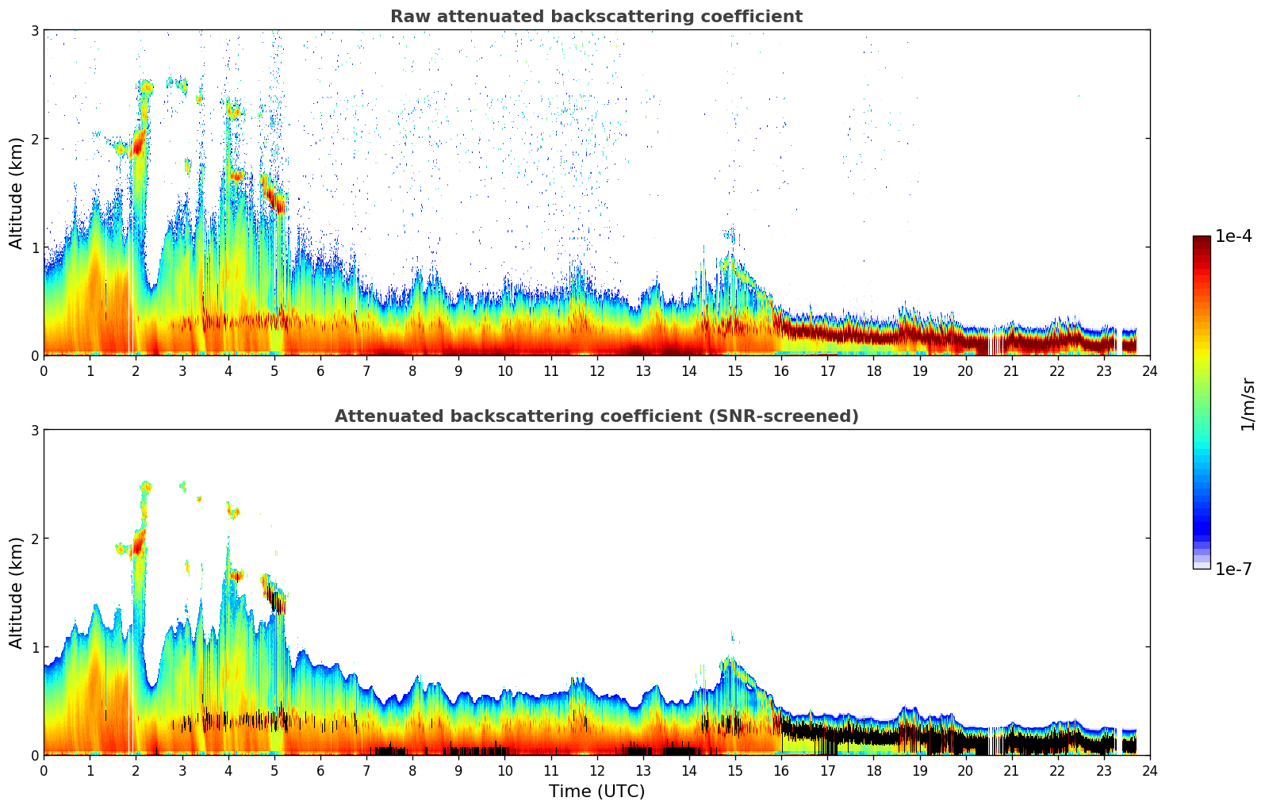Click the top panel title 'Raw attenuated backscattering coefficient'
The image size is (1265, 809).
coord(596,17)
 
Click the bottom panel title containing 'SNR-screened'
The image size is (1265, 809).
coord(596,416)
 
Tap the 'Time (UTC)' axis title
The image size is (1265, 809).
coord(596,792)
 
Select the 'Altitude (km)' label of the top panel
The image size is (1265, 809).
coord(16,193)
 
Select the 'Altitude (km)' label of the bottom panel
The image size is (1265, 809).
coord(16,592)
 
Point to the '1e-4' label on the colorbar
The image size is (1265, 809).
coord(1233,236)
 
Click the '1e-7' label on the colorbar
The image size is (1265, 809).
coord(1233,569)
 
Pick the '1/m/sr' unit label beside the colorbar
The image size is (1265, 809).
coord(1248,404)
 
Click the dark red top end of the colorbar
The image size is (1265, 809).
coord(1201,240)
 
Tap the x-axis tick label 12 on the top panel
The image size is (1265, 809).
coord(596,371)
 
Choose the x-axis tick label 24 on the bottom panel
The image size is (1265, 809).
coord(1149,771)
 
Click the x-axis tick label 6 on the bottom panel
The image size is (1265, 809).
coord(320,771)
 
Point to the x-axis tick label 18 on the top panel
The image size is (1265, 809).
coord(873,371)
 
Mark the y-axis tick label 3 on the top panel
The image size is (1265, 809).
coord(34,30)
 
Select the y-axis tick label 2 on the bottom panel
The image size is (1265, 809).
coord(34,539)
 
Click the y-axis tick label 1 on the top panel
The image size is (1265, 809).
coord(34,247)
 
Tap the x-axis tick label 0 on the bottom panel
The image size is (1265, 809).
coord(44,771)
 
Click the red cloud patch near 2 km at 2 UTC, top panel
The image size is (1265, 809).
coord(139,144)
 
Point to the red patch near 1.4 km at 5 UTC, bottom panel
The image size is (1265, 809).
coord(278,599)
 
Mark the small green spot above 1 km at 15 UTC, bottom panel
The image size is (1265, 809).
coord(732,636)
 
